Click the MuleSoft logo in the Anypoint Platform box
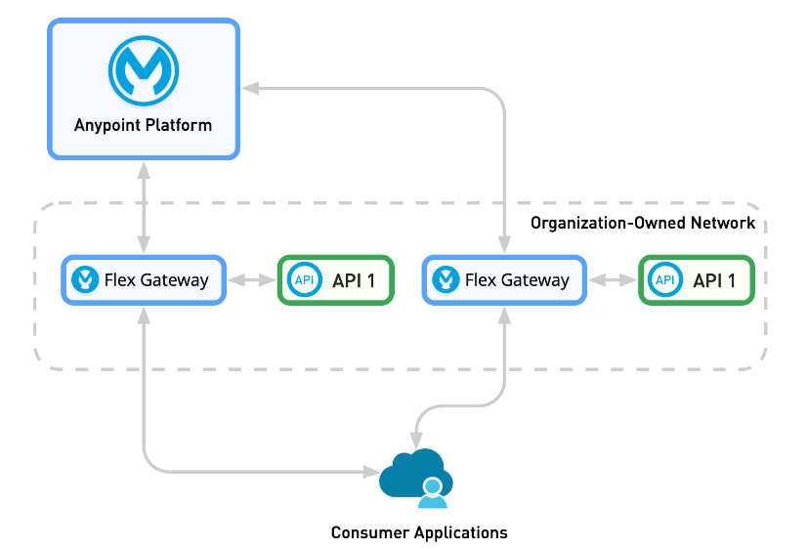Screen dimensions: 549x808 pyautogui.click(x=143, y=71)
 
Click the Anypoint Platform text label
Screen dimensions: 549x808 pyautogui.click(x=143, y=125)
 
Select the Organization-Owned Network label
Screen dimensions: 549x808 pyautogui.click(x=642, y=223)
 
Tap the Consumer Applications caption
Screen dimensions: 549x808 pyautogui.click(x=419, y=532)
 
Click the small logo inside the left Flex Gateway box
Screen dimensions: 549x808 pyautogui.click(x=86, y=280)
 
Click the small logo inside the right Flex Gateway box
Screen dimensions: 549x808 pyautogui.click(x=447, y=280)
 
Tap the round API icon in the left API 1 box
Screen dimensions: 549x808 pyautogui.click(x=305, y=280)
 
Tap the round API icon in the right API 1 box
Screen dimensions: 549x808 pyautogui.click(x=665, y=280)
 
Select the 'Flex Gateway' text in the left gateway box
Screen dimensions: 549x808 pyautogui.click(x=156, y=280)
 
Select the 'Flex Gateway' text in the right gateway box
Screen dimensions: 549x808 pyautogui.click(x=517, y=280)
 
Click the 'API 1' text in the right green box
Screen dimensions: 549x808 pyautogui.click(x=713, y=280)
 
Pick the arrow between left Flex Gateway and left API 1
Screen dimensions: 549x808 pyautogui.click(x=252, y=280)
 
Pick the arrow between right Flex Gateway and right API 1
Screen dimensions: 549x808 pyautogui.click(x=612, y=280)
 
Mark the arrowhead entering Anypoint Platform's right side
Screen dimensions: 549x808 pyautogui.click(x=250, y=89)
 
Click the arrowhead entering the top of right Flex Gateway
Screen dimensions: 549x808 pyautogui.click(x=504, y=246)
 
